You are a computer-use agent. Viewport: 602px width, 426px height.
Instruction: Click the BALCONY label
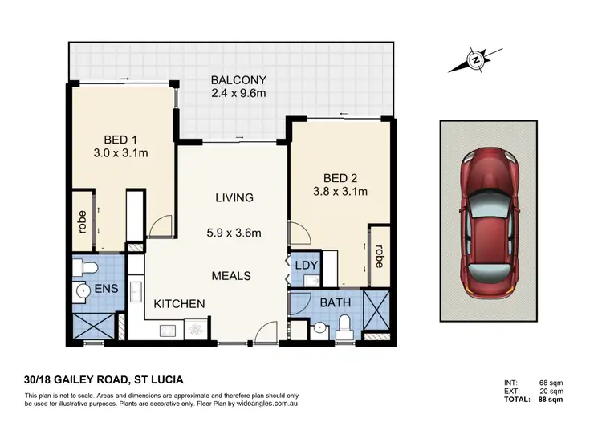coord(234,80)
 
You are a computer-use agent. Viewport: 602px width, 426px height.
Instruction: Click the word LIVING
coord(234,197)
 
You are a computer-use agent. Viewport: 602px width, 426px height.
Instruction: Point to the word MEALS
coord(231,275)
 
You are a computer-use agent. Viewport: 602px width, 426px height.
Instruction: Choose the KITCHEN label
coord(180,304)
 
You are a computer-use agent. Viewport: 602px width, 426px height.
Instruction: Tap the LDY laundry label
coord(306,265)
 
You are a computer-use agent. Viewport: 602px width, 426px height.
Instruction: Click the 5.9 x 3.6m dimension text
coord(234,235)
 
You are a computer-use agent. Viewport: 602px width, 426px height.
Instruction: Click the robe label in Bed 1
coord(82,221)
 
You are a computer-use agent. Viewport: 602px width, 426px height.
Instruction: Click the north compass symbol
coord(477,59)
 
